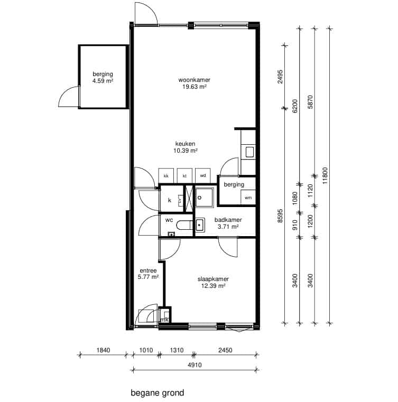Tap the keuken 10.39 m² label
click(186, 147)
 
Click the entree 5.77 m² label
click(148, 274)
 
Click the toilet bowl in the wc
click(184, 225)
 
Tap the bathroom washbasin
click(200, 225)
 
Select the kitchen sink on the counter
click(250, 152)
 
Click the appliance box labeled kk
click(166, 175)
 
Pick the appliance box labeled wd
click(203, 175)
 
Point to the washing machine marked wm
click(248, 197)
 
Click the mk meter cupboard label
click(164, 320)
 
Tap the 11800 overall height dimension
click(325, 175)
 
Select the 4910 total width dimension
click(195, 365)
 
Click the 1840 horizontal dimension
click(103, 350)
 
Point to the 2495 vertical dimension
click(280, 77)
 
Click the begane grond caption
click(158, 393)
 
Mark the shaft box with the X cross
click(189, 199)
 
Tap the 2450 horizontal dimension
click(225, 350)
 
